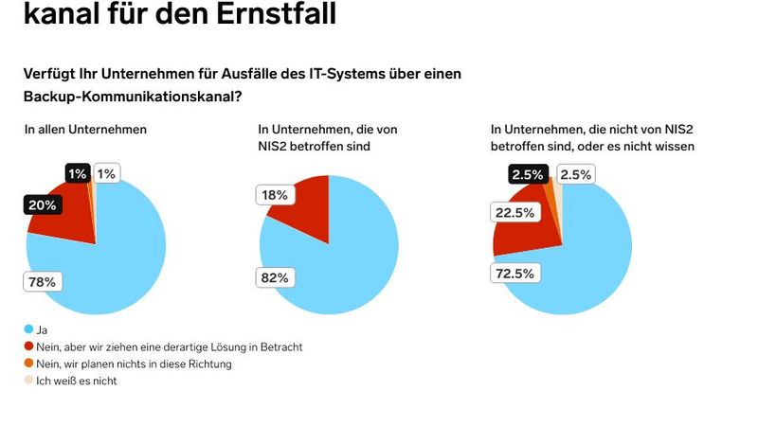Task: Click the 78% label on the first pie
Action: coord(44,281)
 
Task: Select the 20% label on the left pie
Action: coord(42,204)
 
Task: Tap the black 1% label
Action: coord(77,173)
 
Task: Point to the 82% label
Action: coord(275,277)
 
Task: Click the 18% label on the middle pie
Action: coord(274,194)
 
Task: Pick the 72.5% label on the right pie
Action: coord(514,274)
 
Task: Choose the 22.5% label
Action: coord(514,213)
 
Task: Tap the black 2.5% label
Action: coord(527,174)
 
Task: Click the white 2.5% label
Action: coord(575,174)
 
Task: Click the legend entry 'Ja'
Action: coord(41,330)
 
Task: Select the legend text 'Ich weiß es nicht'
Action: coord(76,381)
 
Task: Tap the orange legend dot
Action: coord(28,364)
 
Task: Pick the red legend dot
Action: coord(28,346)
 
